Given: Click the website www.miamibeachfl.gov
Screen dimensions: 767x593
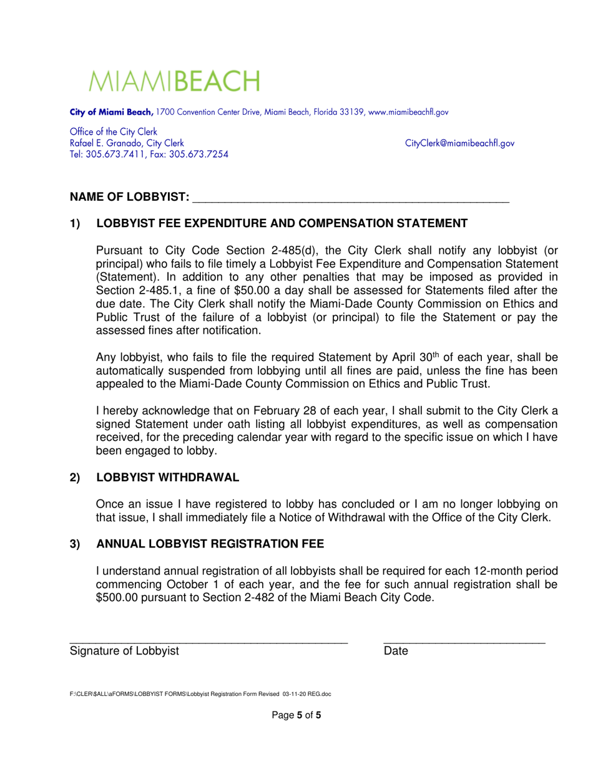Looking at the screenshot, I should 408,112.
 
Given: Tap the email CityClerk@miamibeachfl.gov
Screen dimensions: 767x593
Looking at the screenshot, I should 459,143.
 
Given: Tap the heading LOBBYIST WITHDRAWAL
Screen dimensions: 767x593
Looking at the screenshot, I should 167,478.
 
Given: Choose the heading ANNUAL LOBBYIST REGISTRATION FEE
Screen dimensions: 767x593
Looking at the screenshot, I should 210,544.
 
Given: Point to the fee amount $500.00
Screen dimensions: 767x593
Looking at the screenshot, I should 120,597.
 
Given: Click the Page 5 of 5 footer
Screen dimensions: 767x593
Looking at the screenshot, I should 296,715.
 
